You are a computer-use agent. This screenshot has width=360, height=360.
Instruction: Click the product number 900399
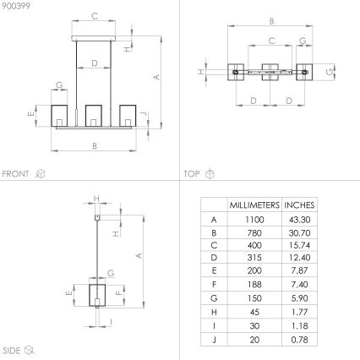15,6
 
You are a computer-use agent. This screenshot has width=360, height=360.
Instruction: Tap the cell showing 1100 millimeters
254,219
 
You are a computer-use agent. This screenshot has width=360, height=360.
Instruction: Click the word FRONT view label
16,173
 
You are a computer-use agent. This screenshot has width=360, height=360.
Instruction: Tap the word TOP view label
192,173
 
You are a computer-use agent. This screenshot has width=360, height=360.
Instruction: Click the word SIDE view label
12,349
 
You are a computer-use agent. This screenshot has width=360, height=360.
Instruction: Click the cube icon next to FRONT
40,173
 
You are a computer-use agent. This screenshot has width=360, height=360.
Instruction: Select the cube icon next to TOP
210,173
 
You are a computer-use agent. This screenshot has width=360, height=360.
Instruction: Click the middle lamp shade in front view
95,116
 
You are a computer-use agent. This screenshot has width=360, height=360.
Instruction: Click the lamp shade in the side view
99,297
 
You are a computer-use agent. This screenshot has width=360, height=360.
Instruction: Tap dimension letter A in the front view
155,77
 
